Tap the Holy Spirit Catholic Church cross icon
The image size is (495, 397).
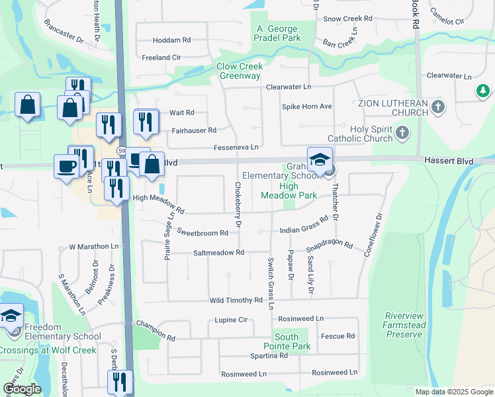(402, 134)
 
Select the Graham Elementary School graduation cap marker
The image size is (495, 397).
(320, 161)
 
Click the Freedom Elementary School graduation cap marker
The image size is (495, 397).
(11, 317)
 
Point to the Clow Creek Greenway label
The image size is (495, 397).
(240, 71)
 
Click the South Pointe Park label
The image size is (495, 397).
(292, 342)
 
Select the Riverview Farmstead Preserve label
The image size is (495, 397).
(402, 325)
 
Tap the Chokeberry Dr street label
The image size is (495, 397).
(238, 206)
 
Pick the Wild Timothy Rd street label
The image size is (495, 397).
(236, 300)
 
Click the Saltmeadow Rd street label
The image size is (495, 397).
(219, 253)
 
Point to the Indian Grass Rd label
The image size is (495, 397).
(304, 226)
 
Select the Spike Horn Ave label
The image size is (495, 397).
(307, 107)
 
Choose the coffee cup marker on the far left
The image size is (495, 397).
(66, 166)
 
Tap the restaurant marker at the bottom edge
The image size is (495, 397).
(120, 382)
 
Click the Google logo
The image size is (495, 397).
(22, 390)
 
